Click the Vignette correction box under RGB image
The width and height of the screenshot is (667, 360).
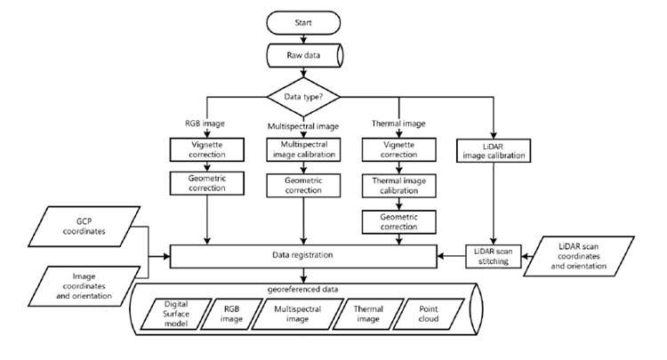click(x=206, y=148)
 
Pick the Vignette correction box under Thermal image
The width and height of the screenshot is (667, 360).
click(x=399, y=148)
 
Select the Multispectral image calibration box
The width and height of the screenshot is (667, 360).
click(x=304, y=148)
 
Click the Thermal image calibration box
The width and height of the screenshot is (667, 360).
click(x=399, y=186)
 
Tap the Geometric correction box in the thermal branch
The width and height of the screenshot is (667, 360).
click(x=399, y=221)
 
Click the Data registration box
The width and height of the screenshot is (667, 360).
click(x=304, y=255)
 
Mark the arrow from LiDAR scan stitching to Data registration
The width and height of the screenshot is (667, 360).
click(x=453, y=256)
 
